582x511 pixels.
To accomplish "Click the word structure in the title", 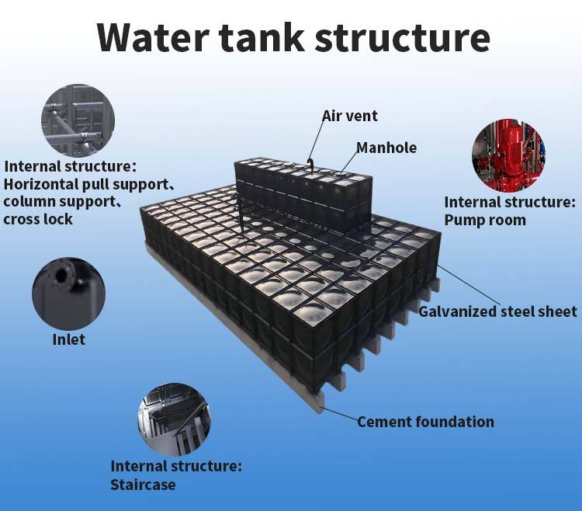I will (x=404, y=36).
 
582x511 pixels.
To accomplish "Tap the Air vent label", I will (x=350, y=116).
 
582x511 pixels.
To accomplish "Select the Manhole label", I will (x=386, y=148).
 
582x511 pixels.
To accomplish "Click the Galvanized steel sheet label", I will (x=498, y=311).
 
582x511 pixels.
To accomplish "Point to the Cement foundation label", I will (x=425, y=422).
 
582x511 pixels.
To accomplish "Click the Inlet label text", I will (x=68, y=339).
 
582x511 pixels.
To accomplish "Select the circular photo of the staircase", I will (x=174, y=418).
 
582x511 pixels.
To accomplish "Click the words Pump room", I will (x=485, y=220).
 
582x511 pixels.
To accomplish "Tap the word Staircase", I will (x=143, y=485).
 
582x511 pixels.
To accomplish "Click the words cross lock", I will (x=38, y=219).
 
